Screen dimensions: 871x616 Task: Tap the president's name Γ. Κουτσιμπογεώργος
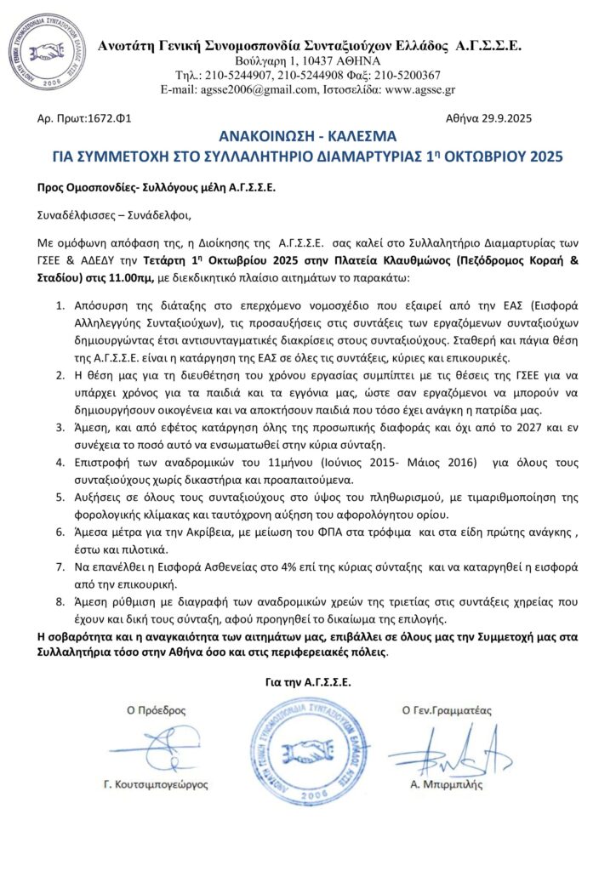tap(156, 784)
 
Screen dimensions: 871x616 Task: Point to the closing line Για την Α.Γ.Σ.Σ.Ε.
tap(308, 680)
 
